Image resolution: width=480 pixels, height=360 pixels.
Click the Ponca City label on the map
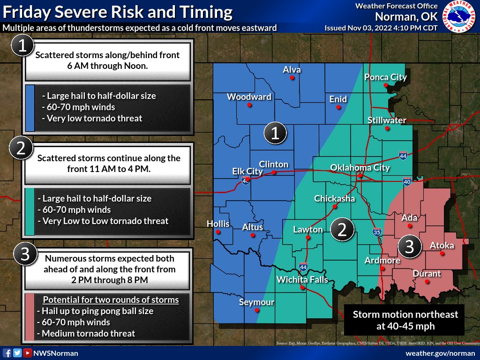385,77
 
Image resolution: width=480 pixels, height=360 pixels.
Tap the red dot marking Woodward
249,105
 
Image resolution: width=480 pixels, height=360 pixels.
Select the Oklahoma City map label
360,168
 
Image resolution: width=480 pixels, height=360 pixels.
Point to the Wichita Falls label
302,280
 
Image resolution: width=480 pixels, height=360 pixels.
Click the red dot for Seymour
256,310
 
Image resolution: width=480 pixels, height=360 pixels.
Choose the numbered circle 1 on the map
275,133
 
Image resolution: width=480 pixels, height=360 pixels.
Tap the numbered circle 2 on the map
342,229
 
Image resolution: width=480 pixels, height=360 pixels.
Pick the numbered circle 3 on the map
409,247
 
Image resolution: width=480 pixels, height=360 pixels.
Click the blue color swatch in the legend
30,108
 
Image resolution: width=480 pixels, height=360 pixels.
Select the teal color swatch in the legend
30,211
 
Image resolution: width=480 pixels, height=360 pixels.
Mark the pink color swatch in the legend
30,316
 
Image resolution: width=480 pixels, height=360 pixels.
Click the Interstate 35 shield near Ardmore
377,232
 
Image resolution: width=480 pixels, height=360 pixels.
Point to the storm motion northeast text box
405,320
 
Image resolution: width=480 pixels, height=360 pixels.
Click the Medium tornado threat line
89,333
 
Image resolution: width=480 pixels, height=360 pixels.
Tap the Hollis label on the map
218,224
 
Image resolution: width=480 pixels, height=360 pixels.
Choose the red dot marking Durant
427,282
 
